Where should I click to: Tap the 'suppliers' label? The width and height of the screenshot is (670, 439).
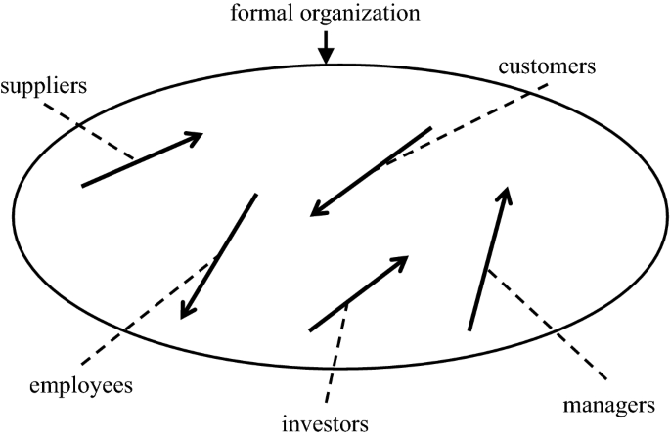coord(44,84)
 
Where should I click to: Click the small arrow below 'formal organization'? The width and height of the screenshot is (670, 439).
coord(327,47)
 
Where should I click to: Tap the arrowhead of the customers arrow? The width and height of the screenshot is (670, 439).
coord(314,212)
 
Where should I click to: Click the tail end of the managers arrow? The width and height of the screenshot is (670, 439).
coord(470,329)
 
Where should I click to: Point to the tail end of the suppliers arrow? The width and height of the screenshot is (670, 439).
coord(83,185)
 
